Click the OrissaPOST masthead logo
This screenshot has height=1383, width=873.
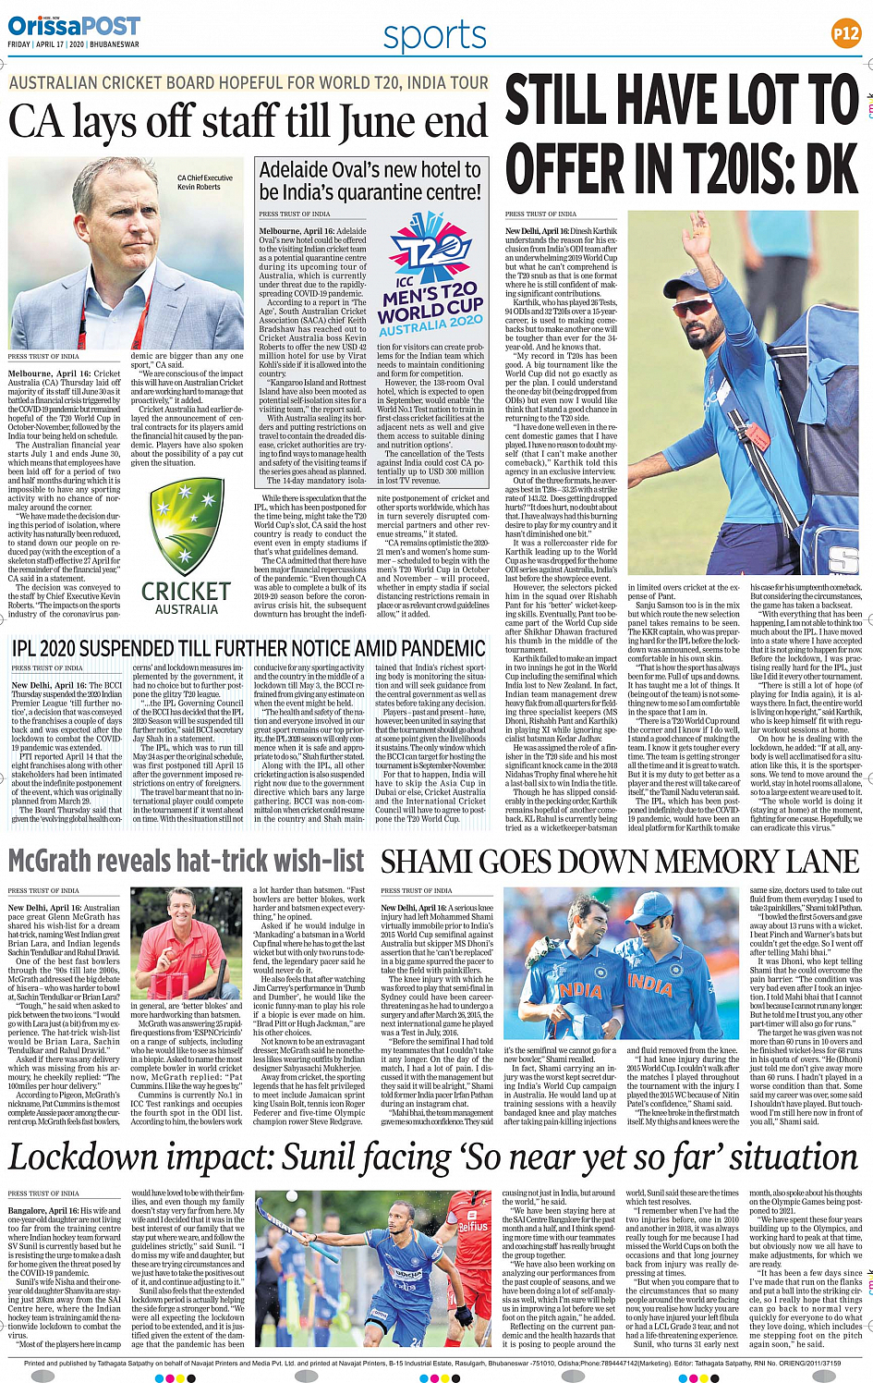pyautogui.click(x=74, y=26)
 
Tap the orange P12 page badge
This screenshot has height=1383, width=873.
pyautogui.click(x=845, y=33)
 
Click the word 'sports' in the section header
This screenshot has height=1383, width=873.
pyautogui.click(x=434, y=36)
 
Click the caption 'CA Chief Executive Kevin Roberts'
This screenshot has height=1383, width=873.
pyautogui.click(x=205, y=182)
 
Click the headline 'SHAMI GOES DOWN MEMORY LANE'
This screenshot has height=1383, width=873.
pyautogui.click(x=620, y=862)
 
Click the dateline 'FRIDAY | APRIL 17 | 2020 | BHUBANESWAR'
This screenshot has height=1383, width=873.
pyautogui.click(x=73, y=44)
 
